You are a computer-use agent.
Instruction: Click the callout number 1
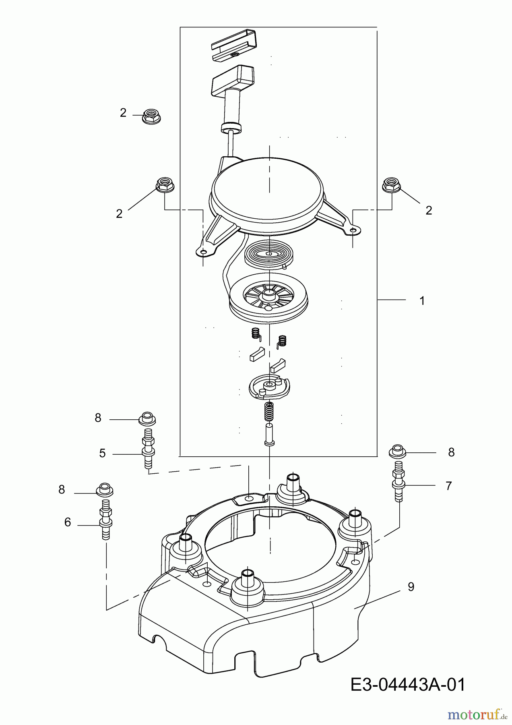pos(422,300)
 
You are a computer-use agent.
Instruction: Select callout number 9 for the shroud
pos(411,587)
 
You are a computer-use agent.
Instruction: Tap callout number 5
pos(102,454)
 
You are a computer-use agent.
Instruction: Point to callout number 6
pos(68,522)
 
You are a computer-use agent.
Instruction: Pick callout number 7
pos(448,486)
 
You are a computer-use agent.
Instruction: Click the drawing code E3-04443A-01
pos(407,684)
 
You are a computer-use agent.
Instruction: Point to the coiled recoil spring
pos(267,256)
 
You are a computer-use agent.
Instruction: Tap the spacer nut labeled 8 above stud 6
pos(104,489)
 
